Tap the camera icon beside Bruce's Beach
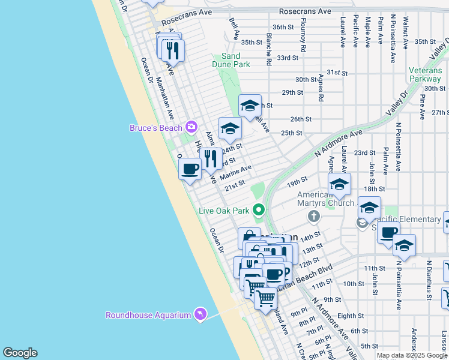[x=191, y=127]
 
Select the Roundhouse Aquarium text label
[x=148, y=315]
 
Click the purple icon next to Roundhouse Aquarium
[x=200, y=314]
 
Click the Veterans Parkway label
[x=425, y=74]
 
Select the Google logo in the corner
[x=20, y=353]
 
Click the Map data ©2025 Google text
[x=411, y=355]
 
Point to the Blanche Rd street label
[x=270, y=49]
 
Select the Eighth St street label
[x=351, y=315]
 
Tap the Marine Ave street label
[x=236, y=173]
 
